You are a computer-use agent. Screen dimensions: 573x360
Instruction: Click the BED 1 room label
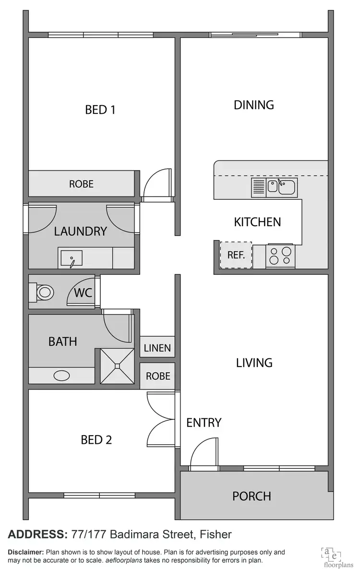click(100, 110)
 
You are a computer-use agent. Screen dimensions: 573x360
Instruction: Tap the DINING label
click(253, 105)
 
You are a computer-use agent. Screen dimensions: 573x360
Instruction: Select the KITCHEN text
click(257, 222)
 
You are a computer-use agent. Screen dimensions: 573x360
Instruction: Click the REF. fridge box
click(236, 255)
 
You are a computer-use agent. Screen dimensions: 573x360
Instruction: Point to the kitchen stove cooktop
click(280, 256)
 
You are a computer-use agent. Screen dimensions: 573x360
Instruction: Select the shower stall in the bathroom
click(117, 366)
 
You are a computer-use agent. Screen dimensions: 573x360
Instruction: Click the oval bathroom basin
click(62, 376)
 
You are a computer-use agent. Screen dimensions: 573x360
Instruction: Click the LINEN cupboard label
click(157, 348)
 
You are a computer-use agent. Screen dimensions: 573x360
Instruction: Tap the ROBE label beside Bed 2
click(157, 376)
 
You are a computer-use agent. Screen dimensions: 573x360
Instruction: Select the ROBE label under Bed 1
click(81, 184)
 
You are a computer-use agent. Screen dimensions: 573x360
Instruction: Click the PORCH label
click(252, 496)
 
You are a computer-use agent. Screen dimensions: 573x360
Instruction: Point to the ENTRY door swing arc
click(200, 453)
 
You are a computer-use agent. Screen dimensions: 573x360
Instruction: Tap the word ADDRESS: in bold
click(37, 534)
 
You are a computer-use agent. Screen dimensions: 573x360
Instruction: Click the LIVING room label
click(254, 363)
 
